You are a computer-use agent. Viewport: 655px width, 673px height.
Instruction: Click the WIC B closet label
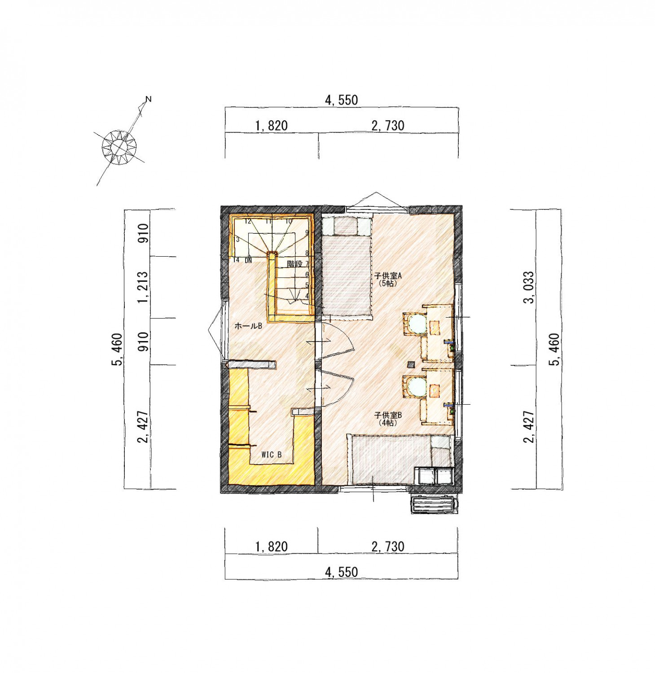[x=271, y=454]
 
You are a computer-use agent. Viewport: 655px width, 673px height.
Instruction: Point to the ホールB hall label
[x=248, y=326]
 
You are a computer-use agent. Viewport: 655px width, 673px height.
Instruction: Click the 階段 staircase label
[x=295, y=264]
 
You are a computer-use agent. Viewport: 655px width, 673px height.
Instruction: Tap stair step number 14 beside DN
[x=236, y=260]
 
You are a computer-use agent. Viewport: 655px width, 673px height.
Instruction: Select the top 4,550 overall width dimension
[x=342, y=100]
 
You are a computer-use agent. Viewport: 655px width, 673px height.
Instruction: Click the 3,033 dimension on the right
[x=530, y=287]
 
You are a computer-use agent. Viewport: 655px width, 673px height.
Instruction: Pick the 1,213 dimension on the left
[x=143, y=287]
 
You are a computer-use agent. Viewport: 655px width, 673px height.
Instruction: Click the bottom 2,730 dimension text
[x=388, y=546]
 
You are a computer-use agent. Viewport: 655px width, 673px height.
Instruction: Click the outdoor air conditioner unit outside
[x=434, y=504]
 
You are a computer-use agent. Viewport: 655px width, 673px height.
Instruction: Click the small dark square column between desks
[x=410, y=364]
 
